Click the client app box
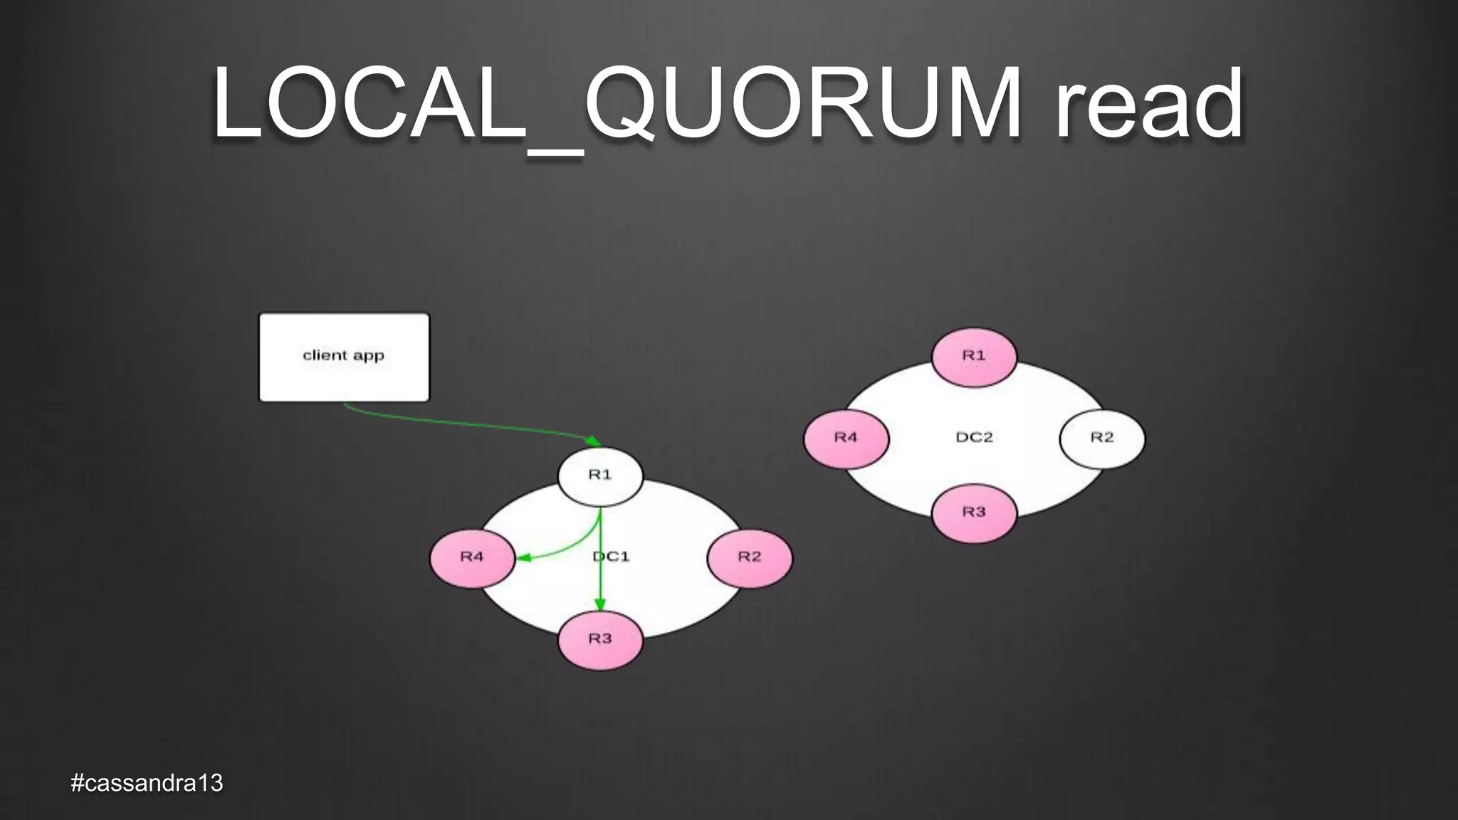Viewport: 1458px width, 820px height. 344,357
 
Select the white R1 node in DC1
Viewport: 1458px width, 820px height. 600,475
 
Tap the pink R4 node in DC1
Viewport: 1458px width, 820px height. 472,557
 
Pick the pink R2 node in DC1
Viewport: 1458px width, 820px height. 749,557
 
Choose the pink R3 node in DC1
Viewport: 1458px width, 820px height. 600,639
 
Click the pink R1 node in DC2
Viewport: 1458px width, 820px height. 974,356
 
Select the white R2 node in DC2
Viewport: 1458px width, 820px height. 1102,438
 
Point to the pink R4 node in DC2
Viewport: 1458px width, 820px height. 846,438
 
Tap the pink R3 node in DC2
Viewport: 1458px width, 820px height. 974,512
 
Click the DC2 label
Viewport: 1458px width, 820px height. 974,437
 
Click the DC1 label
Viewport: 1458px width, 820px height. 612,557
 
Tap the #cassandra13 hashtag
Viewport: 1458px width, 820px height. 147,783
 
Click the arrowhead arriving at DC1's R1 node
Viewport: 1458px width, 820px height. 592,441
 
